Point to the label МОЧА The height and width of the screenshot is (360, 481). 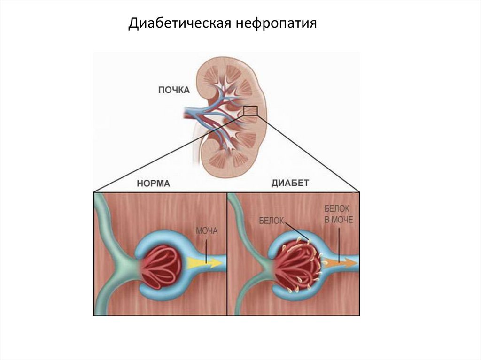[207, 231]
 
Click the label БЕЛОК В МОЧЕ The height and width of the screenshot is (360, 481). [337, 214]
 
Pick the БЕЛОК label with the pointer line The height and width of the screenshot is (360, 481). [271, 221]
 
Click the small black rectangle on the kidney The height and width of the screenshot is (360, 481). [250, 111]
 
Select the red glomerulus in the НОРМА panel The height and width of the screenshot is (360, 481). [163, 266]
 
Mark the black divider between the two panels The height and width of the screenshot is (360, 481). [227, 253]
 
